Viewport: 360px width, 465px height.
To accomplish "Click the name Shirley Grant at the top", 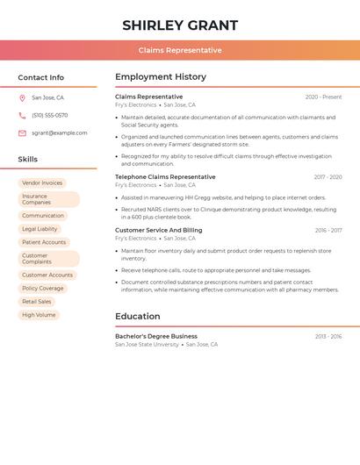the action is [180, 25].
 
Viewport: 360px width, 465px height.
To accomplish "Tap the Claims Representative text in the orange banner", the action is [180, 50].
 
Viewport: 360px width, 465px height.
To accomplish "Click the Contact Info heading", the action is [40, 77].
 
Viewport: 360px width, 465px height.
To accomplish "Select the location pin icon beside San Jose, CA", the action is [22, 97].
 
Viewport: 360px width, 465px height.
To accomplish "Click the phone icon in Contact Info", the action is [22, 115].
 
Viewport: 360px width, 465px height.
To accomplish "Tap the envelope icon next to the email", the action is [22, 133].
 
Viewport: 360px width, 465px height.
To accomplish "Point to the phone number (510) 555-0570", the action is [49, 115].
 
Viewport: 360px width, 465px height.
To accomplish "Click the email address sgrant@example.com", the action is [60, 133].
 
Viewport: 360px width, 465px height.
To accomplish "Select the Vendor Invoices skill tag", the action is [42, 182].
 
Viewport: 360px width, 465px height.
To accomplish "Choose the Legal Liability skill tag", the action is [40, 229].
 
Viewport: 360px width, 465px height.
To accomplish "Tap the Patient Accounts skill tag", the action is [44, 242].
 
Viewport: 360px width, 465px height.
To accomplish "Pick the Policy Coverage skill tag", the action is [43, 288].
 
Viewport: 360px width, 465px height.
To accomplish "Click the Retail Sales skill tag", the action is [37, 301].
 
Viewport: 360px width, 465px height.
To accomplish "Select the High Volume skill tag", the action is [39, 314].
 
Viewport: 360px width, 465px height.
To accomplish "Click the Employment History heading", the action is [161, 77].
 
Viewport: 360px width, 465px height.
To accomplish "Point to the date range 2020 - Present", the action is [323, 97].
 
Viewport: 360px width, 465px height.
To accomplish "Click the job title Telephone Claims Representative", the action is [165, 176].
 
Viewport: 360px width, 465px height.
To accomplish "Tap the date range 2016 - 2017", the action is [328, 230].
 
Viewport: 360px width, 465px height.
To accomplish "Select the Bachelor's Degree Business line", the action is [156, 336].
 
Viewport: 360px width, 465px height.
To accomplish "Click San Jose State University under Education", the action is [147, 345].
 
